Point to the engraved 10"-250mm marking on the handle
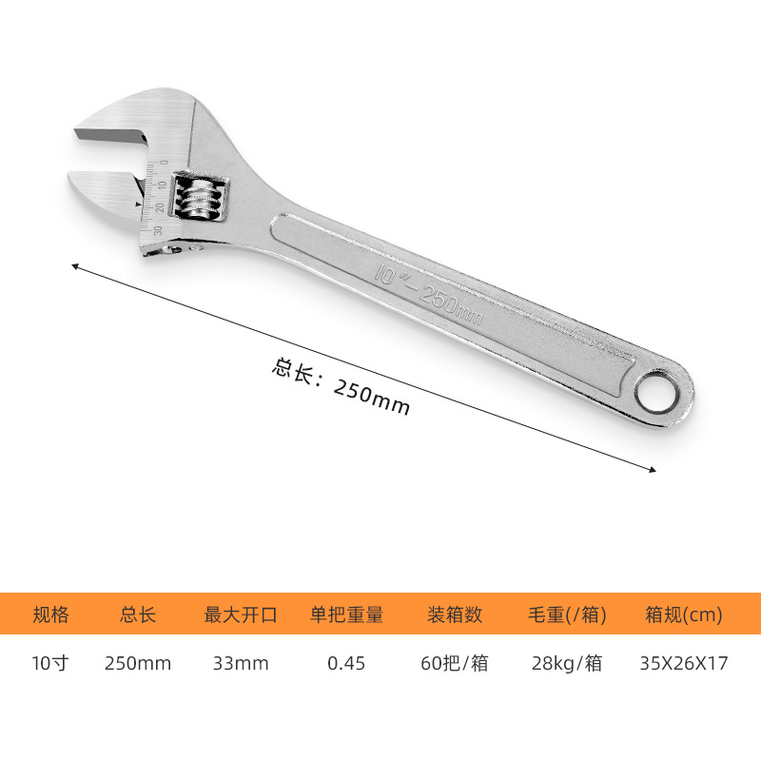(428, 294)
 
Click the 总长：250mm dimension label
(341, 386)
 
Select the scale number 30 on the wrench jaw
(158, 230)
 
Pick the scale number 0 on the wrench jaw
(164, 162)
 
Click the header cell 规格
(51, 615)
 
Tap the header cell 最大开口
(241, 615)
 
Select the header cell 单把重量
(346, 615)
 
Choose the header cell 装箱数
(455, 615)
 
